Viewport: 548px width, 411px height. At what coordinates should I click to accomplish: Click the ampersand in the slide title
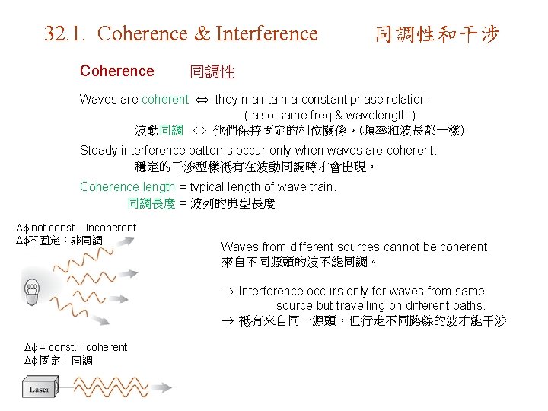201,34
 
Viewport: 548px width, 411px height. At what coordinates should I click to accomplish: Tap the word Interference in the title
266,34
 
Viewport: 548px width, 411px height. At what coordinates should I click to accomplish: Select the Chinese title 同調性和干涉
437,34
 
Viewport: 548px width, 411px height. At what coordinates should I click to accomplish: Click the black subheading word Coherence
116,71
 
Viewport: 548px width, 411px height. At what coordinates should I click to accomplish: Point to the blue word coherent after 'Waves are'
164,99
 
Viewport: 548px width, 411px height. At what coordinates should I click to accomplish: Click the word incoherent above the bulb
111,227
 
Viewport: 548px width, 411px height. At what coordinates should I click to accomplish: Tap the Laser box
39,389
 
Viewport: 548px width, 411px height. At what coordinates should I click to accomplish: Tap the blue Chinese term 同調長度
151,203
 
